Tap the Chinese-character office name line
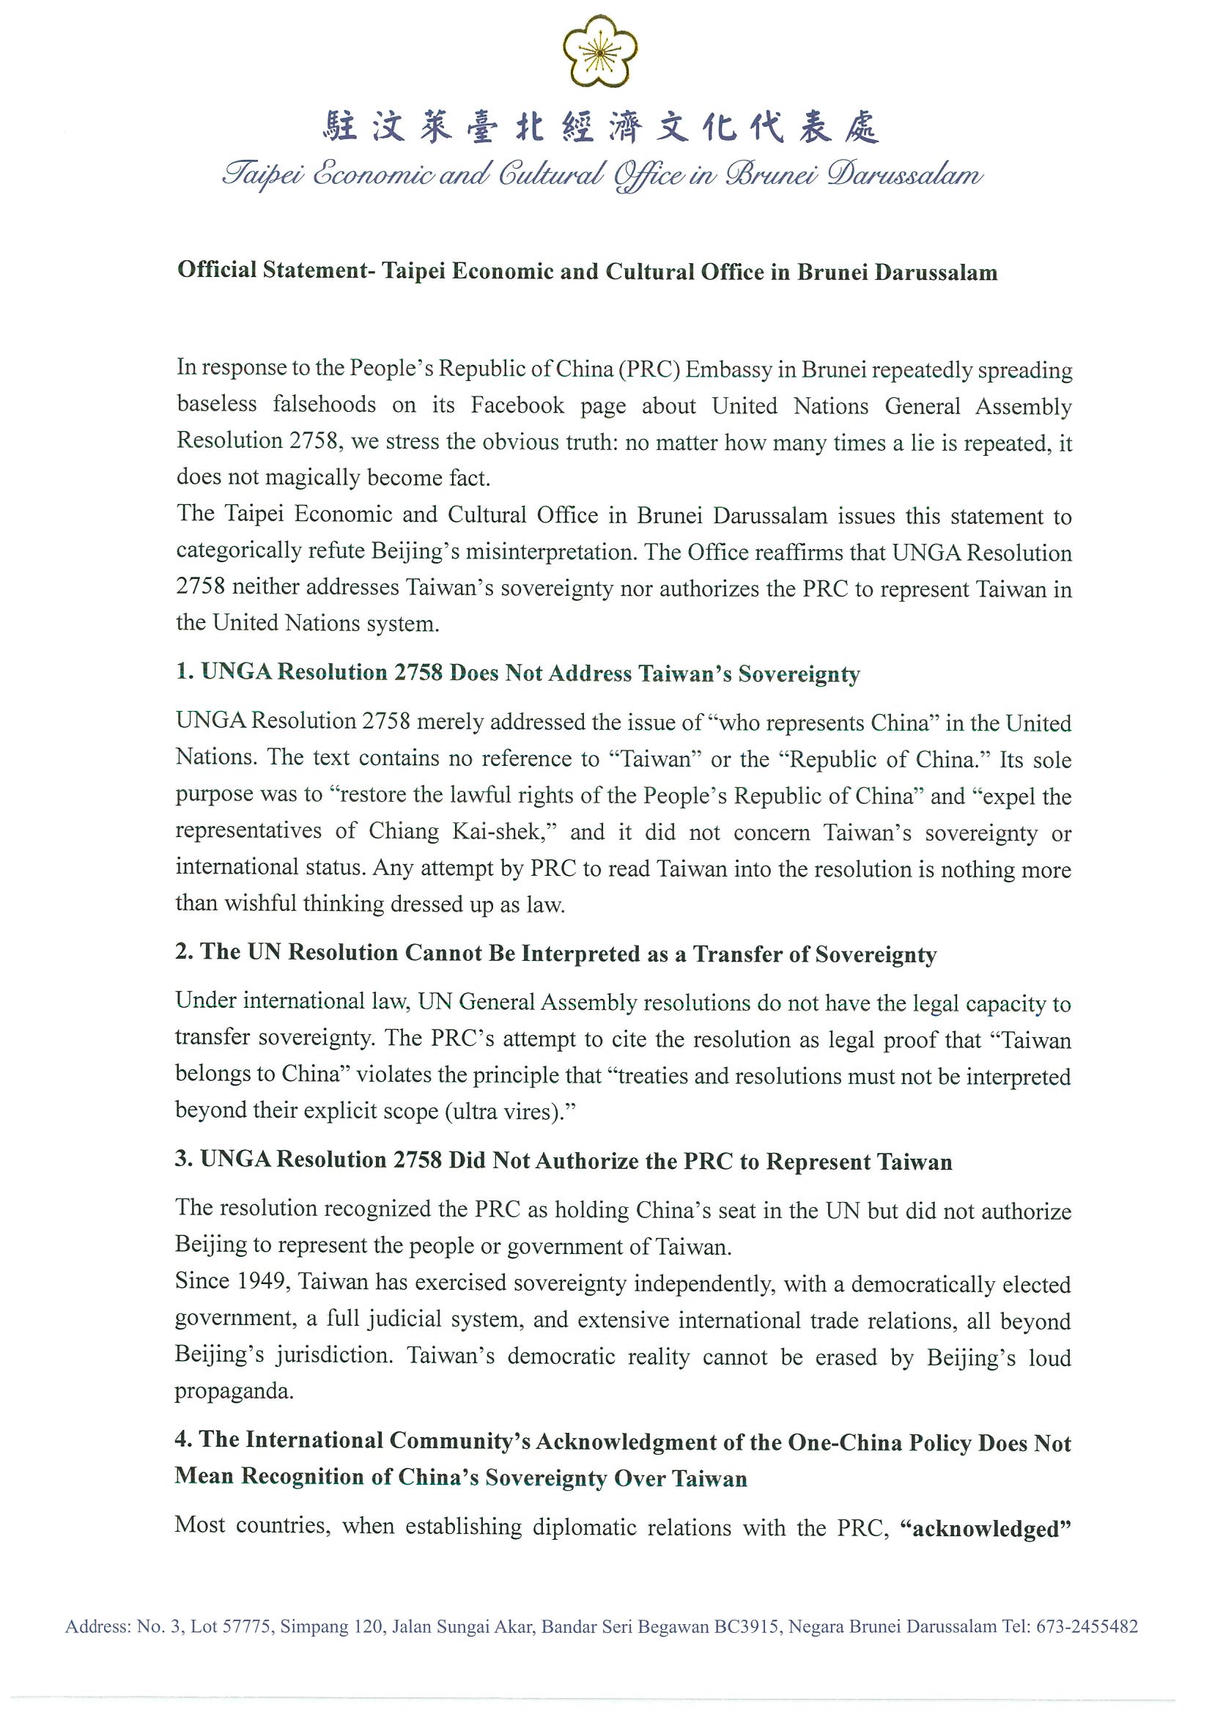(x=601, y=127)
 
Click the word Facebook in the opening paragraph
(x=517, y=405)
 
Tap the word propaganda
(x=234, y=1391)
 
